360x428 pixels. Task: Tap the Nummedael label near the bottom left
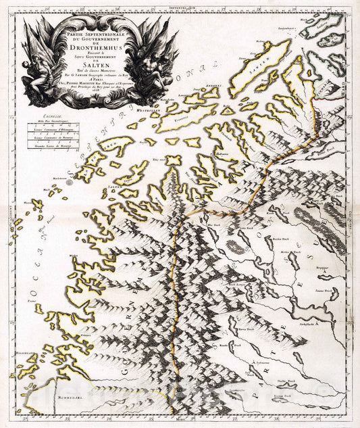[x=68, y=399]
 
